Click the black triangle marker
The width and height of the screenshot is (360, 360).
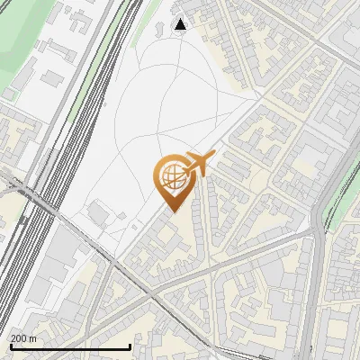(181, 24)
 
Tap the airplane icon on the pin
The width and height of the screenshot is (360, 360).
(198, 165)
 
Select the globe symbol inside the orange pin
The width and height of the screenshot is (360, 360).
(172, 179)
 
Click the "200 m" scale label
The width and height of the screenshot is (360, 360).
(23, 338)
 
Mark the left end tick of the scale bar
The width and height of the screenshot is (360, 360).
(11, 346)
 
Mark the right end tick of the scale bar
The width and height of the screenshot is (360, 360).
(130, 346)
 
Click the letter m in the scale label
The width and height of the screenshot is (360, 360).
(33, 338)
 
